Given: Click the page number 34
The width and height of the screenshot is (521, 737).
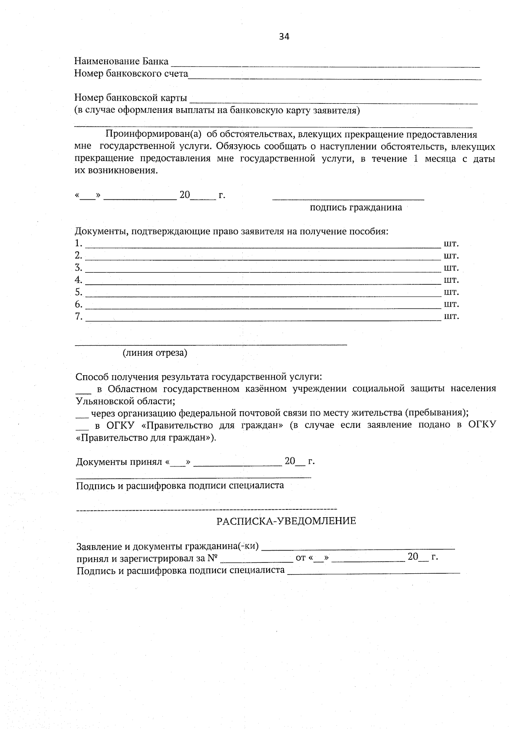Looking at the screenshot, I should (x=284, y=36).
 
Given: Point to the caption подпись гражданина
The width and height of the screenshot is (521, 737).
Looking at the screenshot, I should (x=356, y=207).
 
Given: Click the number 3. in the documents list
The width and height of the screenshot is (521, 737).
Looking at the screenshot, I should (x=79, y=267).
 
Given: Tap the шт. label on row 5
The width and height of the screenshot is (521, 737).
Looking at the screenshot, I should (x=451, y=291).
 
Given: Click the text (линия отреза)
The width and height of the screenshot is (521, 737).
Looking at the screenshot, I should (x=155, y=353).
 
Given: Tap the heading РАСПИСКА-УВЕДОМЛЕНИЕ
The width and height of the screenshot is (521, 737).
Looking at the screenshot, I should (x=286, y=521).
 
